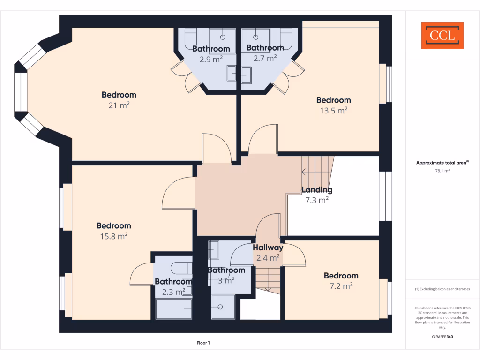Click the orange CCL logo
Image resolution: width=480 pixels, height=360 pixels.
pyautogui.click(x=442, y=35)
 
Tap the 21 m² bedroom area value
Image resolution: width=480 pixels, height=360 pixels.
pyautogui.click(x=119, y=105)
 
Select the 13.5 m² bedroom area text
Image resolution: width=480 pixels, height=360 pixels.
pyautogui.click(x=333, y=111)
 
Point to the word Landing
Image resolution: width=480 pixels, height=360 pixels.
pyautogui.click(x=317, y=190)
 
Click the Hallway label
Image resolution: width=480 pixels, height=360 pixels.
pyautogui.click(x=268, y=247)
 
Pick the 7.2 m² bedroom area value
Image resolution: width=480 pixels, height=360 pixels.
pyautogui.click(x=341, y=285)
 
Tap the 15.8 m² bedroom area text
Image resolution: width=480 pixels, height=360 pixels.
pyautogui.click(x=114, y=236)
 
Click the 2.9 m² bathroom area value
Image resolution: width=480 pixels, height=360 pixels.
pyautogui.click(x=211, y=59)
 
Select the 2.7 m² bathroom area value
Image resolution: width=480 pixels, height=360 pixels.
pyautogui.click(x=265, y=58)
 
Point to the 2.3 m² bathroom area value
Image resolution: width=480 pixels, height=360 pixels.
pyautogui.click(x=173, y=292)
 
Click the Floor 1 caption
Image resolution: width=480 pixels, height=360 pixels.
pyautogui.click(x=203, y=343)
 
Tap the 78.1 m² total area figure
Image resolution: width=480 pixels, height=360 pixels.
pyautogui.click(x=442, y=171)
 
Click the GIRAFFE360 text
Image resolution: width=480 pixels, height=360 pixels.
pyautogui.click(x=442, y=337)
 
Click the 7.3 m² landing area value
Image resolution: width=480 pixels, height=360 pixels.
pyautogui.click(x=317, y=200)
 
